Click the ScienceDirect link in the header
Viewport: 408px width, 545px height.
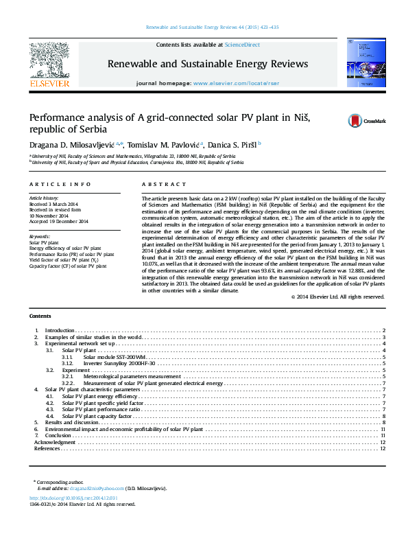(242, 45)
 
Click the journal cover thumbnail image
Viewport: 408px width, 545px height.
(361, 63)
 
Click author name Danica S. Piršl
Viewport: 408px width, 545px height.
(230, 144)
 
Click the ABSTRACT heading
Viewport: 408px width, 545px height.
(164, 185)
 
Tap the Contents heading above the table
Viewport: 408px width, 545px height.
(40, 315)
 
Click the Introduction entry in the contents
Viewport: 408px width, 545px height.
(60, 331)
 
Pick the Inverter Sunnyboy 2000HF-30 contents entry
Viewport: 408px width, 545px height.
(119, 363)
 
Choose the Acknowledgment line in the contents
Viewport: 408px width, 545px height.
(54, 442)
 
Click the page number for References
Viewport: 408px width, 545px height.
(383, 448)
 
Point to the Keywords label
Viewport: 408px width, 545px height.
(40, 236)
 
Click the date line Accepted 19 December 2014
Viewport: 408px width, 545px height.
(58, 222)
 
